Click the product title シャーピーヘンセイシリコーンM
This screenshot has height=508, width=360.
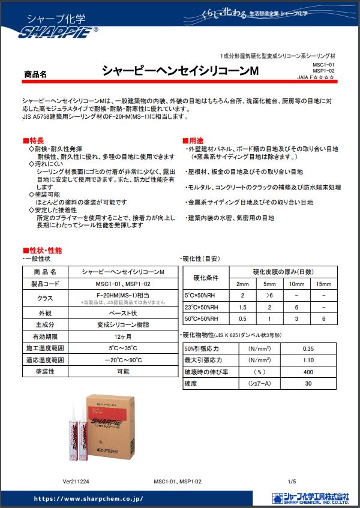[x=180, y=71]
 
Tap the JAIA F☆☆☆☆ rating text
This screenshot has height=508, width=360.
[x=316, y=77]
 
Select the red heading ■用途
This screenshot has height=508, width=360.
[x=194, y=140]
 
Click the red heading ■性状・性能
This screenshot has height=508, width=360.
[x=42, y=250]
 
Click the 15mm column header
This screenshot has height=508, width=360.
[x=323, y=284]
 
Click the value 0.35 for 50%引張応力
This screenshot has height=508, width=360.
[x=308, y=348]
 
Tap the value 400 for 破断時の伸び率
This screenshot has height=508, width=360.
[x=308, y=372]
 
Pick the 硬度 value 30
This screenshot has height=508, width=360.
[x=308, y=383]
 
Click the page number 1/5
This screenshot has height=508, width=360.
[x=292, y=481]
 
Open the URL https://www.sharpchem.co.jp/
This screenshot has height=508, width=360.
[x=88, y=498]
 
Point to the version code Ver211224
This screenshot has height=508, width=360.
[x=76, y=481]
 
